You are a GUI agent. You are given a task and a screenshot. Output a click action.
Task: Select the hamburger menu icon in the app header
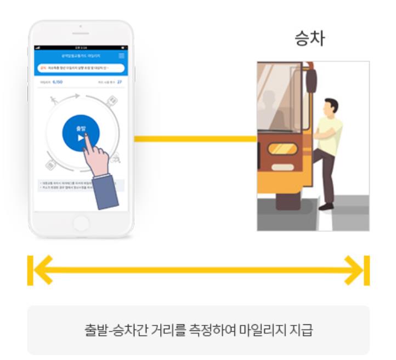point(122,56)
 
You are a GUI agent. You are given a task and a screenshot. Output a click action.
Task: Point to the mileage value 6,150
point(58,82)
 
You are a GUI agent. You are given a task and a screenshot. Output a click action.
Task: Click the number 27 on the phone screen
point(119,82)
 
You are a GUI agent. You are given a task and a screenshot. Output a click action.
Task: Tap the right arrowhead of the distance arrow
point(354,270)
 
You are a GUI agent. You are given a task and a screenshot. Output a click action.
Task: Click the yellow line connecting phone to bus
point(195,139)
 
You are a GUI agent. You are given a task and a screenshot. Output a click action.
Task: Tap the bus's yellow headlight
point(282,148)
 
